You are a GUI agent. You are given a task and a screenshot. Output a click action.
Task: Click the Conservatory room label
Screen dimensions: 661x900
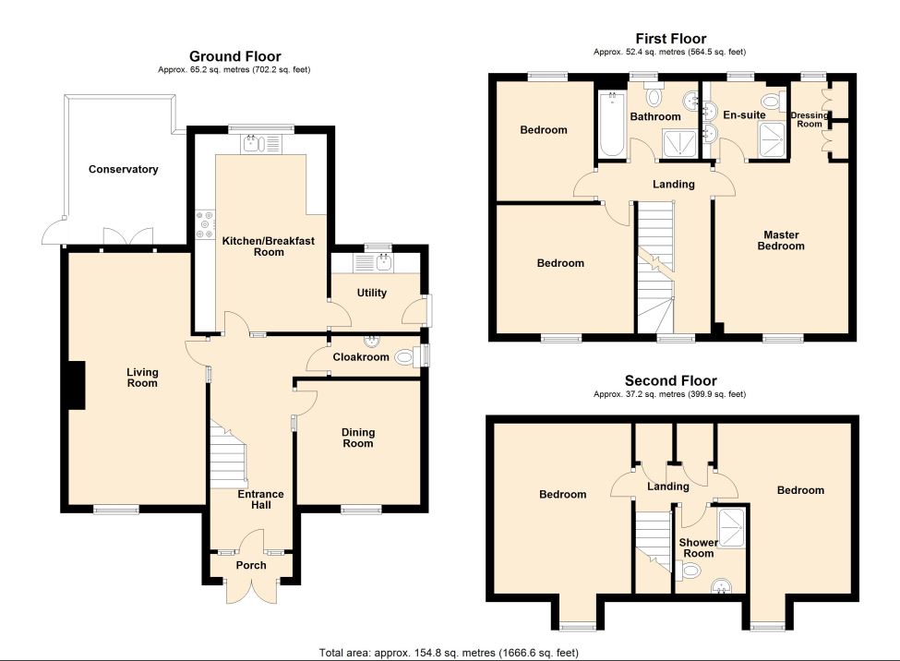point(124,169)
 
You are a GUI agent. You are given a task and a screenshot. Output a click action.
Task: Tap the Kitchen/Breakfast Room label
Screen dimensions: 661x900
point(255,246)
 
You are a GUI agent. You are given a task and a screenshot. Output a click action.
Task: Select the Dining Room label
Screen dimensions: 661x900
point(358,438)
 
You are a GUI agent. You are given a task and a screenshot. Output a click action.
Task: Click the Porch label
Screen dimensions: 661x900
point(250,565)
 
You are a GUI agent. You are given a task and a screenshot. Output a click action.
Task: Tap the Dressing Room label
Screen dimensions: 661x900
point(809,119)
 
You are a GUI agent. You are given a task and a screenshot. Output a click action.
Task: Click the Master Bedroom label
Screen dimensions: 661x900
point(781,240)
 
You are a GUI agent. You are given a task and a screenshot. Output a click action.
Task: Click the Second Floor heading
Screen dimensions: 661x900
point(670,380)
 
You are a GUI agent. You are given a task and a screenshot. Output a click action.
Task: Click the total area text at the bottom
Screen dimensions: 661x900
point(449,653)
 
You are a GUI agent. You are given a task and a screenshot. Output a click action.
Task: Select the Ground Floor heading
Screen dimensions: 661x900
point(235,56)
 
